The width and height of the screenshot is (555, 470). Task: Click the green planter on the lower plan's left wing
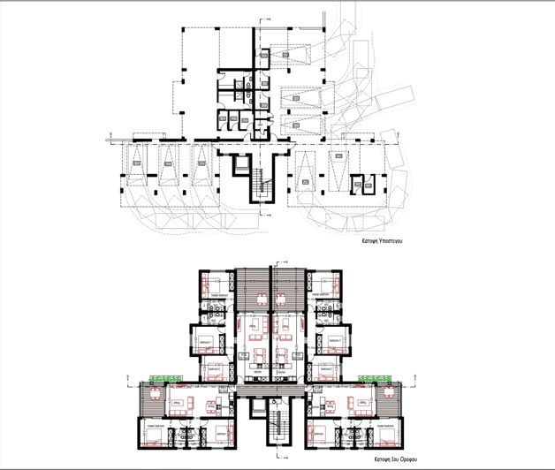tap(161, 379)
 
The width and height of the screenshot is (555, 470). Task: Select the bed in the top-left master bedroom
tap(213, 284)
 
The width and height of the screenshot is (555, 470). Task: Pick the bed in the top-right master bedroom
tap(322, 284)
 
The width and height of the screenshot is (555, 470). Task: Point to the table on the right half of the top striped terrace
tap(287, 295)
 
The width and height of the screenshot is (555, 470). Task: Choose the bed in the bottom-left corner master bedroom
tap(151, 433)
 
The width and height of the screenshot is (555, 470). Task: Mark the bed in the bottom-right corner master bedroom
tap(385, 433)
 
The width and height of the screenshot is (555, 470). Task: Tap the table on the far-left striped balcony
tap(148, 399)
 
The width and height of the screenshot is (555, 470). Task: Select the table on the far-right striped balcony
tap(386, 399)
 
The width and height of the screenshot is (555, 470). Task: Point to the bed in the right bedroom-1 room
tap(330, 340)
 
